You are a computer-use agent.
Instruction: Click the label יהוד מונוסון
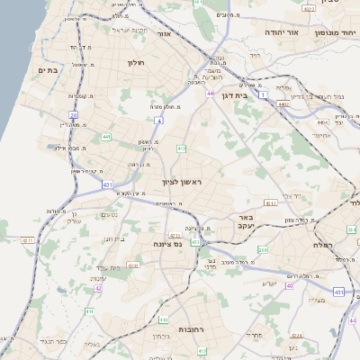(335, 31)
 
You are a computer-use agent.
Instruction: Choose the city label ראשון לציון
(183, 183)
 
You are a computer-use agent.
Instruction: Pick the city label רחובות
(192, 329)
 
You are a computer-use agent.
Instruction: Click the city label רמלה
(323, 245)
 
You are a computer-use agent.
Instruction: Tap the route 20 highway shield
(74, 115)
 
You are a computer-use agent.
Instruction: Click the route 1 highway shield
(263, 94)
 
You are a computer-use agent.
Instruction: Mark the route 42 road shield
(97, 289)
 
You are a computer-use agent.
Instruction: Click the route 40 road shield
(290, 285)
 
